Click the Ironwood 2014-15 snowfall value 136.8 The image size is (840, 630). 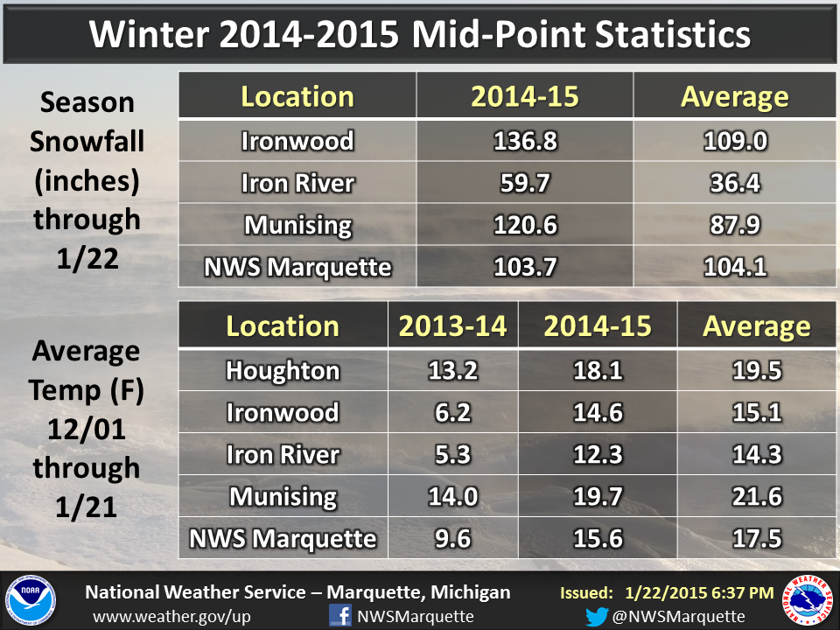click(524, 141)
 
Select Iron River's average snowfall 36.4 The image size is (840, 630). click(734, 183)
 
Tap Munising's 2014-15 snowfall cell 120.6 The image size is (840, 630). click(524, 225)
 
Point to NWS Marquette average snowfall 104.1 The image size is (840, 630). click(734, 267)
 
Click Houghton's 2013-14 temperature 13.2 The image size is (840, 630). click(452, 370)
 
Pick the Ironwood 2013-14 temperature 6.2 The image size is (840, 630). click(452, 412)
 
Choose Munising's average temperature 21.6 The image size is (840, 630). click(756, 496)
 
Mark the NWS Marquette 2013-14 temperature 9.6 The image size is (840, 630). click(452, 538)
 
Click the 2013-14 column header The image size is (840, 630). click(452, 325)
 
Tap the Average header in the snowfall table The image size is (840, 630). click(734, 96)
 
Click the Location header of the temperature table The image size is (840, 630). click(282, 325)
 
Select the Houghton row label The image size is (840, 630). click(282, 370)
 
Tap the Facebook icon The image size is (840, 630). click(339, 615)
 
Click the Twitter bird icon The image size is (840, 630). click(597, 616)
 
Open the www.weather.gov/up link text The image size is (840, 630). click(171, 616)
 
